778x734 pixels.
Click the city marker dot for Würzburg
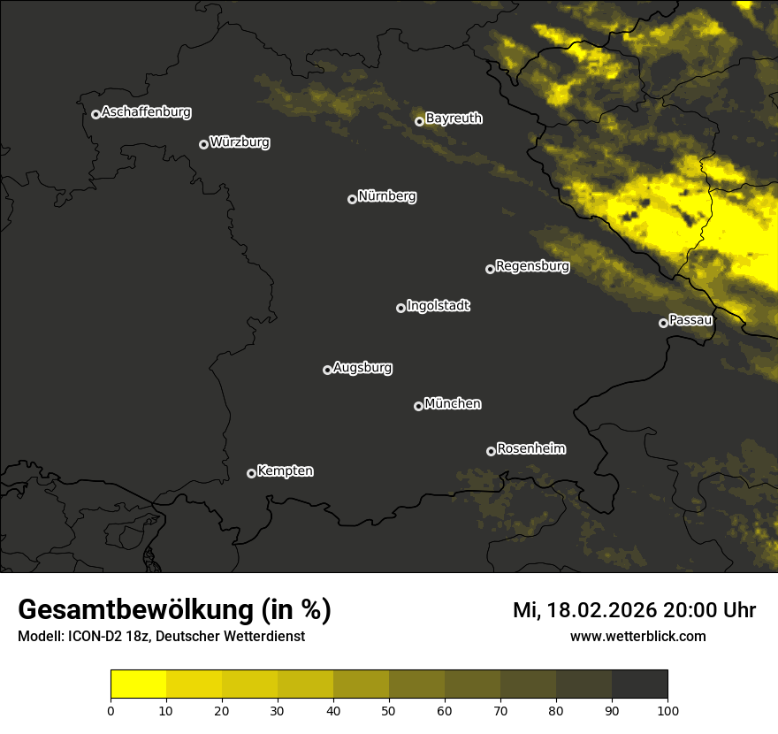(203, 144)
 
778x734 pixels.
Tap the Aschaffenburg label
(146, 112)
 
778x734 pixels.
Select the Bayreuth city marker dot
(419, 121)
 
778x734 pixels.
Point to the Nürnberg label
(387, 196)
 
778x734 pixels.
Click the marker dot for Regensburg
(490, 269)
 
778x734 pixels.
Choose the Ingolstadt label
(438, 306)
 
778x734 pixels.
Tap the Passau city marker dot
(663, 323)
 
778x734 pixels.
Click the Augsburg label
(362, 368)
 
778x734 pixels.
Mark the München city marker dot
(418, 406)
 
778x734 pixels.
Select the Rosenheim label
(530, 449)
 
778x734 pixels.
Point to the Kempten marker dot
(251, 473)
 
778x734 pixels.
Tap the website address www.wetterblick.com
(638, 637)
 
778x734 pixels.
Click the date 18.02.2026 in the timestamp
(600, 610)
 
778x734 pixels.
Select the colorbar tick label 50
(389, 710)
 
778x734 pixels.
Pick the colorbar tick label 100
(667, 710)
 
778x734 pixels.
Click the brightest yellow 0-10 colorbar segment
(139, 684)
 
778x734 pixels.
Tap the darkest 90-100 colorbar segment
(639, 684)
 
